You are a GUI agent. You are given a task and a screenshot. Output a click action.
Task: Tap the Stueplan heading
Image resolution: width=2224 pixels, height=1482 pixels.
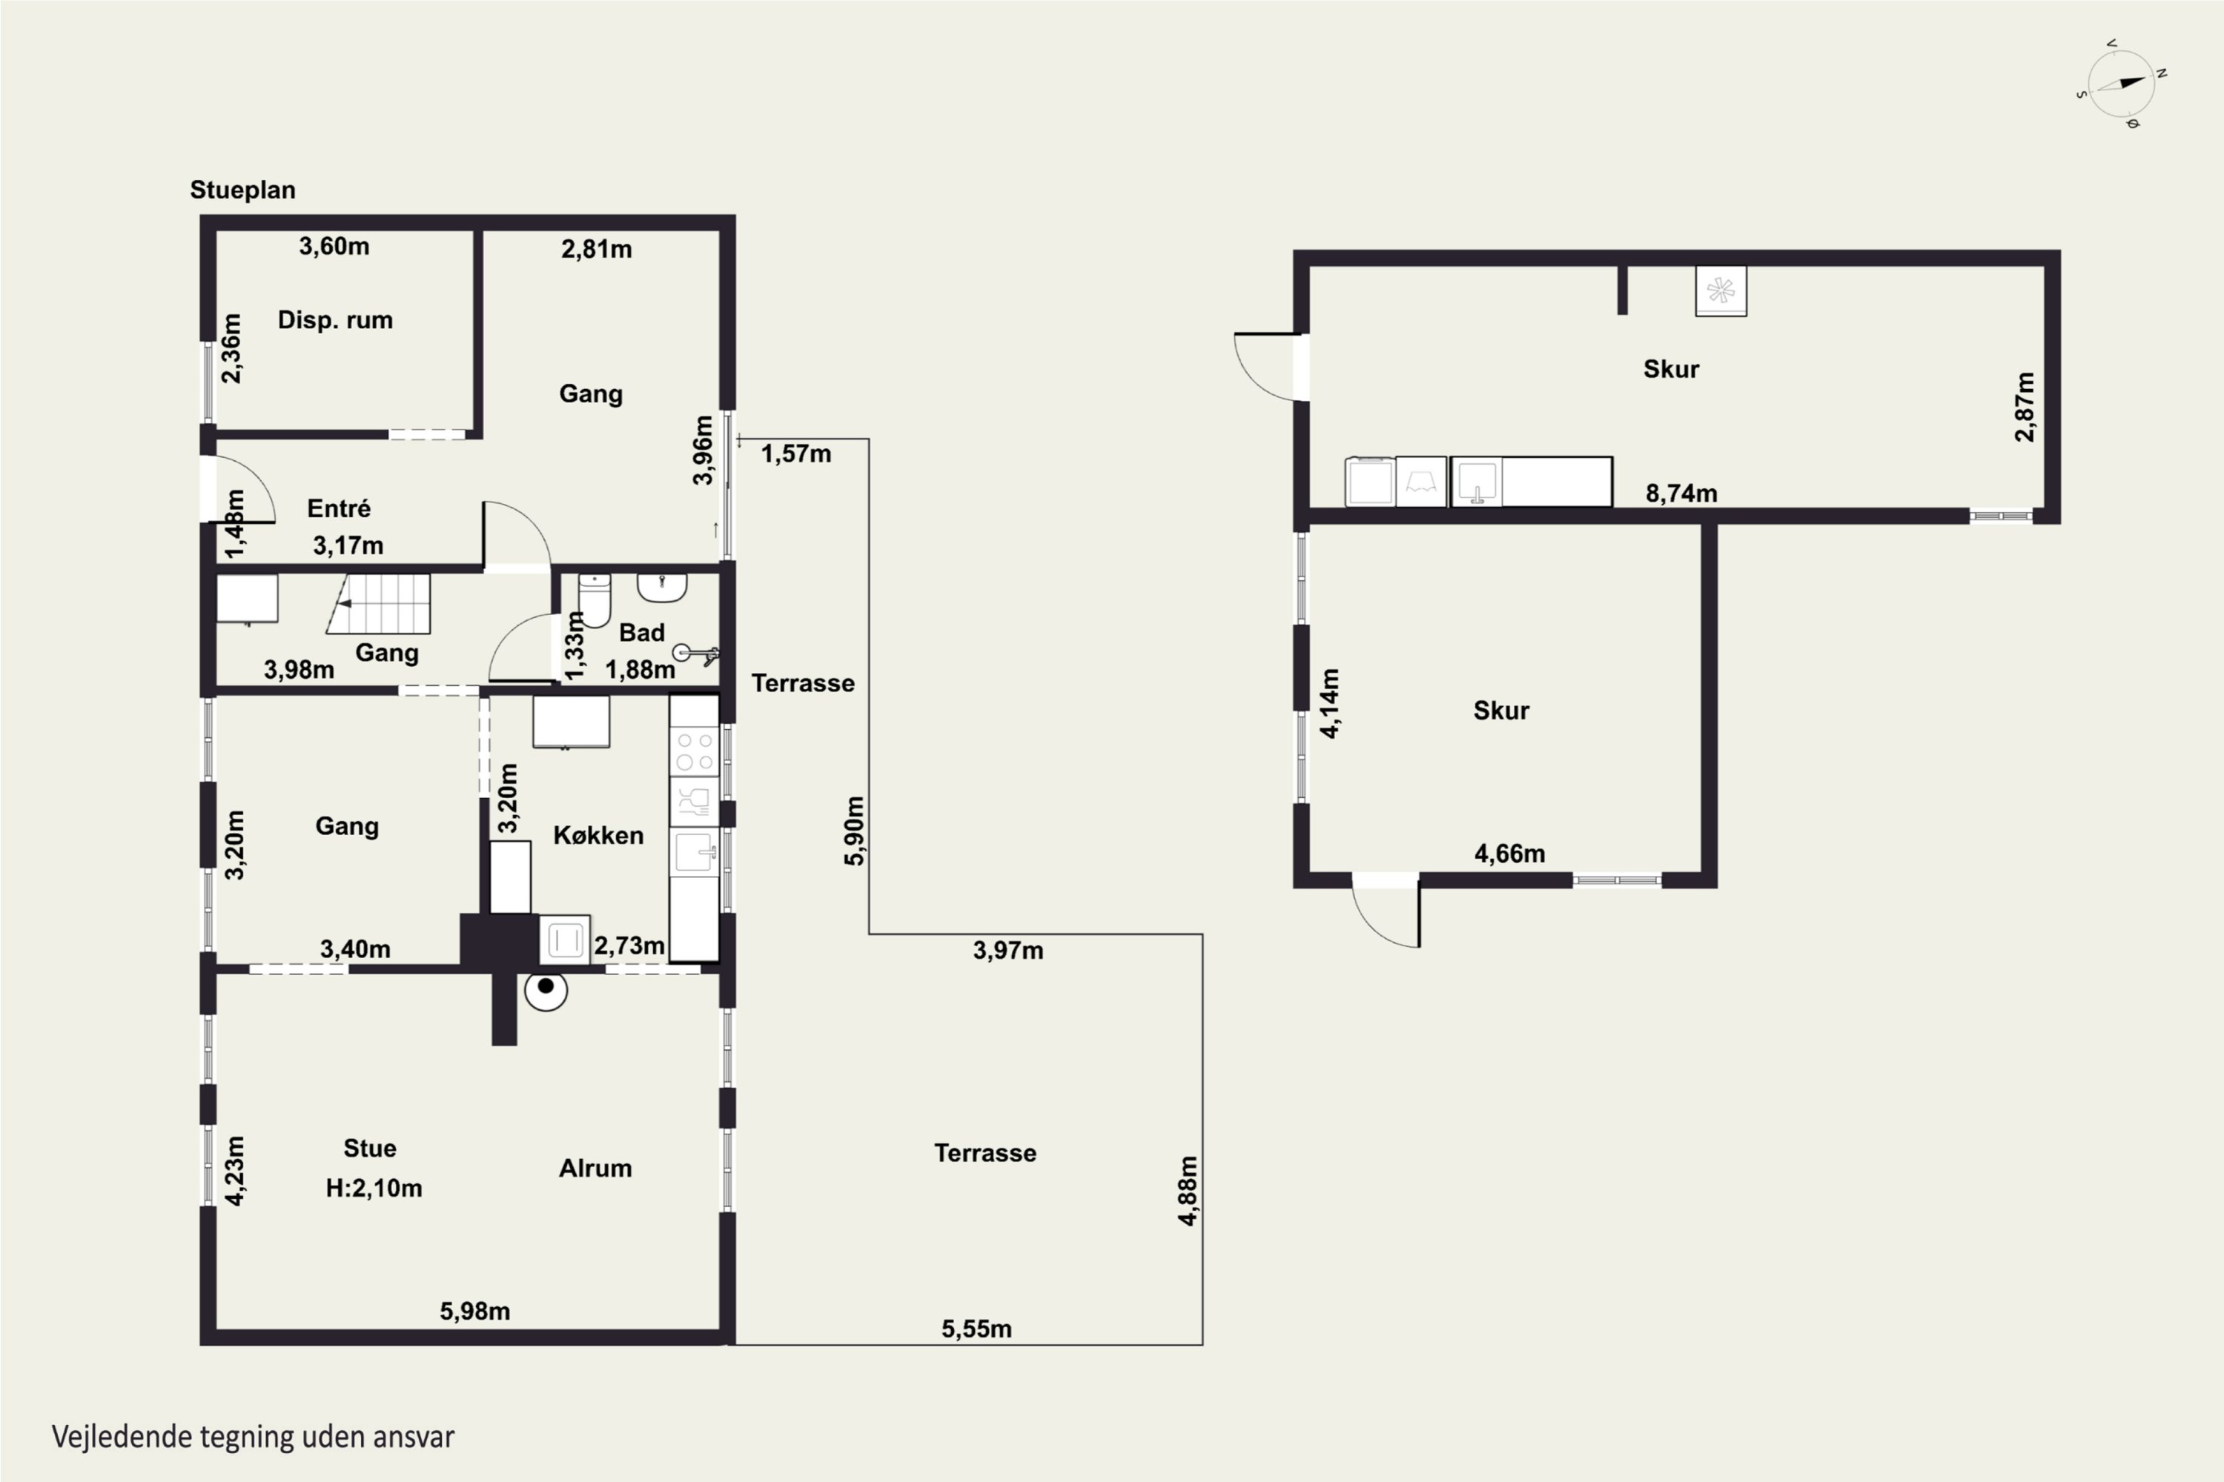pyautogui.click(x=243, y=190)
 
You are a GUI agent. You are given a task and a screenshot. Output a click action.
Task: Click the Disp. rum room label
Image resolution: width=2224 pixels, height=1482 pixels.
pyautogui.click(x=335, y=319)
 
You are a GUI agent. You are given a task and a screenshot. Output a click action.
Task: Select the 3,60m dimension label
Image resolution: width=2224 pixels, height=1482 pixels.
pyautogui.click(x=334, y=246)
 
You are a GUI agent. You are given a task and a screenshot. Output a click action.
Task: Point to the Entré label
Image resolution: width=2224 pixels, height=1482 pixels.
pyautogui.click(x=339, y=508)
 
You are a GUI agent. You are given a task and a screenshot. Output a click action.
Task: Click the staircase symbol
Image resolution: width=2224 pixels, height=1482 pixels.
pyautogui.click(x=378, y=603)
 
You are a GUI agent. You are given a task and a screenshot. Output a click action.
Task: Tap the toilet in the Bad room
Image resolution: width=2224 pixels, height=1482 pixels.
pyautogui.click(x=595, y=599)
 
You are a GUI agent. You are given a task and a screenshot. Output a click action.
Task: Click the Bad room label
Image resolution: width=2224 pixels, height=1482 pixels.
pyautogui.click(x=642, y=632)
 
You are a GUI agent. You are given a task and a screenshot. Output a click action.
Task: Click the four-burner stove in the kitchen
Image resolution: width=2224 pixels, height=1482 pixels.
pyautogui.click(x=694, y=751)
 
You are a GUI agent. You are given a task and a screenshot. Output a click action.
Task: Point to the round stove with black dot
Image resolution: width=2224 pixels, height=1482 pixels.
pyautogui.click(x=546, y=989)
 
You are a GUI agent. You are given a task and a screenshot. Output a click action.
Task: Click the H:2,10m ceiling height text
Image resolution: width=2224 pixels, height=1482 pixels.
pyautogui.click(x=374, y=1188)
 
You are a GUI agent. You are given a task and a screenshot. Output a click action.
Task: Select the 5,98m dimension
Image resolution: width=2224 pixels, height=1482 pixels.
pyautogui.click(x=474, y=1311)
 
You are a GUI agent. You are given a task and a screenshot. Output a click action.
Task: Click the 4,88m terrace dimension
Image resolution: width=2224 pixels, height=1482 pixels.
pyautogui.click(x=1188, y=1191)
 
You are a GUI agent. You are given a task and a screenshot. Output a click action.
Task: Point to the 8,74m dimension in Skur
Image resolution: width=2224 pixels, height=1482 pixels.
pyautogui.click(x=1681, y=493)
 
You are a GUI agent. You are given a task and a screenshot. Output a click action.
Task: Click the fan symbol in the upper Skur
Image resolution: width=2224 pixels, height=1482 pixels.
pyautogui.click(x=1721, y=291)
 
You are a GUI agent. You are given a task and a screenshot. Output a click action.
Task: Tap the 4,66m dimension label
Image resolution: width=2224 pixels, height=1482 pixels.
pyautogui.click(x=1510, y=854)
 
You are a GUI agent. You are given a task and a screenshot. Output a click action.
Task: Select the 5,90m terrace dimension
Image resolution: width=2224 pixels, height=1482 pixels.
pyautogui.click(x=854, y=831)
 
